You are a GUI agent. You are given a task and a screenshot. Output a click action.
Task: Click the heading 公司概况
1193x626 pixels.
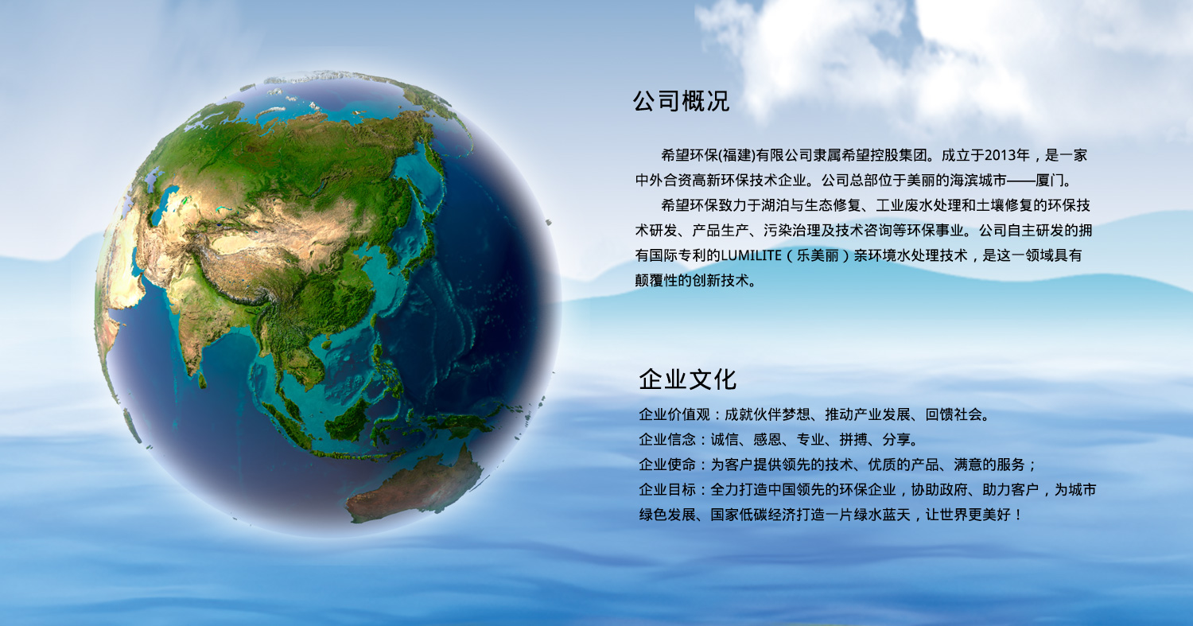681,101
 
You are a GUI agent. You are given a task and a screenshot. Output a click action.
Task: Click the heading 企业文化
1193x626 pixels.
688,379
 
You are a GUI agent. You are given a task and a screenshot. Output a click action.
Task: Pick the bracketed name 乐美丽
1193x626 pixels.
818,255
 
